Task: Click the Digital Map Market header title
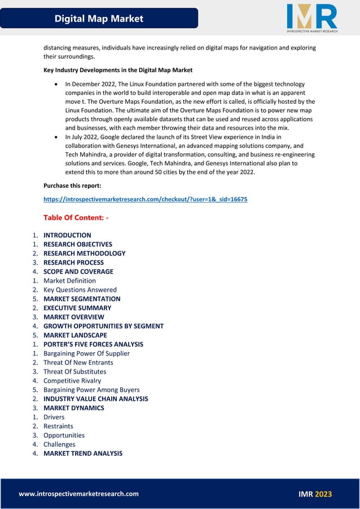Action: tap(99, 19)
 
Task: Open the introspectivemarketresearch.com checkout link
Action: tap(145, 199)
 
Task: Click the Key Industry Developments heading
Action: tap(118, 70)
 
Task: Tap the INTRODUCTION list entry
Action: tap(67, 235)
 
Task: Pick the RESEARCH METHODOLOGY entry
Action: tap(84, 253)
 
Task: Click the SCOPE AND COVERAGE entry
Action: tap(78, 271)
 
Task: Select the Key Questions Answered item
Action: tap(80, 289)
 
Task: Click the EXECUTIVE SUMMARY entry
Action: tap(77, 308)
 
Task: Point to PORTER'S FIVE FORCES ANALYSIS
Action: tap(93, 344)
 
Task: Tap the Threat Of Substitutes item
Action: tap(74, 371)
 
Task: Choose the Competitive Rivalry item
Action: tap(72, 380)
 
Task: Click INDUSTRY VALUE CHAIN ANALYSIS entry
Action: tap(95, 399)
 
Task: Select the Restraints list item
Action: tap(58, 426)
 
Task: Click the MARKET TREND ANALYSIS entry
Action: tap(82, 453)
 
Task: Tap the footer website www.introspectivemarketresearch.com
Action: tap(78, 494)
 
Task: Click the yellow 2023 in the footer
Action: tap(323, 494)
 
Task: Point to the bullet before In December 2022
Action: tap(56, 84)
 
